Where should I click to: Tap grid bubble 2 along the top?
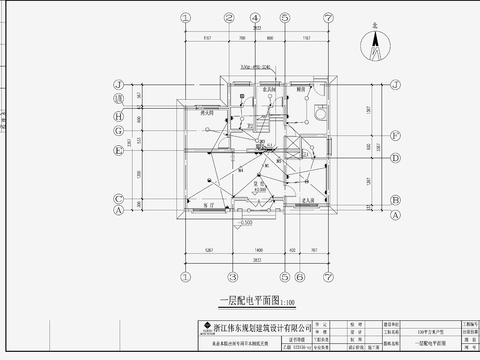(x=232, y=18)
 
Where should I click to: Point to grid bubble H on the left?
(x=118, y=114)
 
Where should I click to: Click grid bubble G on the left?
(x=118, y=130)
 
